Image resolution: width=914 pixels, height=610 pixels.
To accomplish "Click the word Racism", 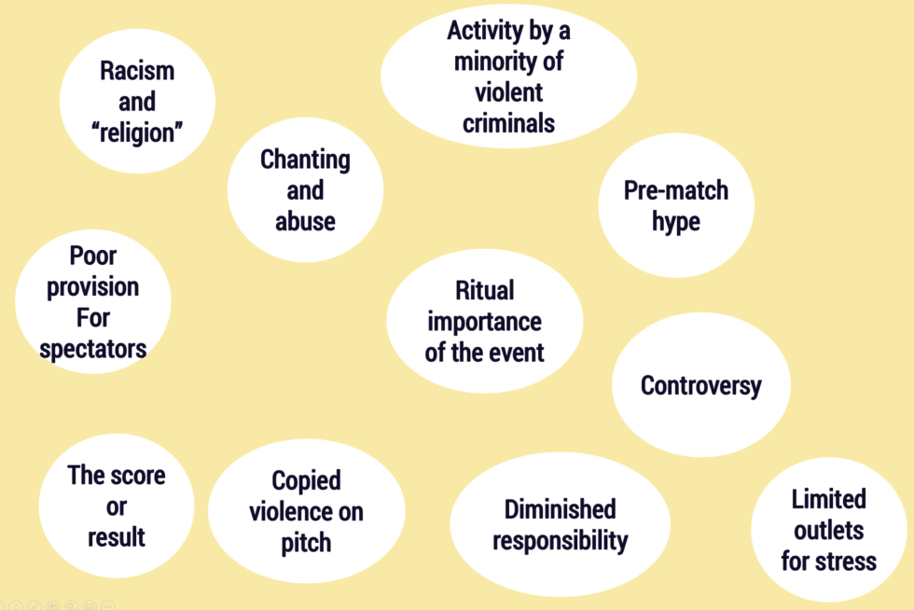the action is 137,71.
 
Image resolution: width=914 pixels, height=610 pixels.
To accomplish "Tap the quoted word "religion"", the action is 137,133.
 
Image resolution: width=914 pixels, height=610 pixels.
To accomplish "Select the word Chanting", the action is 305,159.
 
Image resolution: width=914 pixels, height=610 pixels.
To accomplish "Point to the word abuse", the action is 305,222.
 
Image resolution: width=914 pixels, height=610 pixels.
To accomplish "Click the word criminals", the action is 508,124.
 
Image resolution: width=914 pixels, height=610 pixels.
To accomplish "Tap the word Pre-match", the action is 676,190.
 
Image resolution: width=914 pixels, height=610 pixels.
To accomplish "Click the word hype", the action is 676,222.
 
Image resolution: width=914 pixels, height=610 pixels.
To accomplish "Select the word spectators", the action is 92,350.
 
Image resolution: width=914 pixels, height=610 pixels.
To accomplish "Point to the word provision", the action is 92,287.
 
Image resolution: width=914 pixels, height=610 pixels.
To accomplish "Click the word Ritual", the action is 484,290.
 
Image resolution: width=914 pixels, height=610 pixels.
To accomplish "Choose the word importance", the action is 484,322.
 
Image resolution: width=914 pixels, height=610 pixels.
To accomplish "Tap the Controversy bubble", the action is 701,385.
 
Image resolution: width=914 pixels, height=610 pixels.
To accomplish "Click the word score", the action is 136,476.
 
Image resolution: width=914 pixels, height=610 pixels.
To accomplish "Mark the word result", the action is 116,537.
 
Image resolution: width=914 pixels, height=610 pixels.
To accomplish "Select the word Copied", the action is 306,481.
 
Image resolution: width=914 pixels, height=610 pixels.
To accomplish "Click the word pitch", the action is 306,544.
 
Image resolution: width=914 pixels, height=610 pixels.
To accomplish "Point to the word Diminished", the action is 560,509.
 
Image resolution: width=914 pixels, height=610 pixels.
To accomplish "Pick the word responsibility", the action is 560,541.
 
